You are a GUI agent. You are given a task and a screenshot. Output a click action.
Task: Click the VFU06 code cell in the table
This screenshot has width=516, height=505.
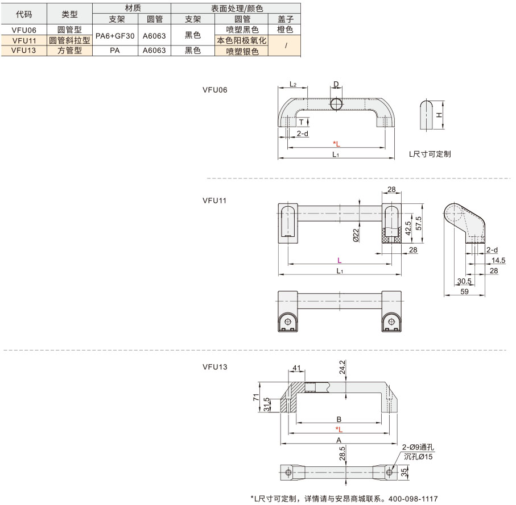(x=24, y=30)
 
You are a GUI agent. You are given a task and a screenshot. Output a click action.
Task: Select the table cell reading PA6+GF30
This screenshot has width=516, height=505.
(x=115, y=36)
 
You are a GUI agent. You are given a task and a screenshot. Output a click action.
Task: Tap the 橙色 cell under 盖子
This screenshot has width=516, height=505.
(x=285, y=30)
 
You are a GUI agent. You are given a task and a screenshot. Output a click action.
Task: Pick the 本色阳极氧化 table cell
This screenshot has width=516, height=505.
(x=242, y=40)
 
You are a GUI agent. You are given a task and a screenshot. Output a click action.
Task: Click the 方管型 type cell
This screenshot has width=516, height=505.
(x=69, y=50)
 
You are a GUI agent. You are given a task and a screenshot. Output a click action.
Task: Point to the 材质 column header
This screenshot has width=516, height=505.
(x=133, y=8)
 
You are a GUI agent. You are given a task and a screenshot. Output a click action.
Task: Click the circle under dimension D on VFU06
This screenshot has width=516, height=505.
(x=336, y=104)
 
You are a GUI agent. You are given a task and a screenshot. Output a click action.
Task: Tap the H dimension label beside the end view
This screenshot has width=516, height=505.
(x=439, y=115)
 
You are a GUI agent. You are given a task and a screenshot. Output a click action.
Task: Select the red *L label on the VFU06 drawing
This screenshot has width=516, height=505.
(x=336, y=144)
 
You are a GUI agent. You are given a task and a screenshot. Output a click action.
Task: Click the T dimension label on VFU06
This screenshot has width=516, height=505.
(x=301, y=122)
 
